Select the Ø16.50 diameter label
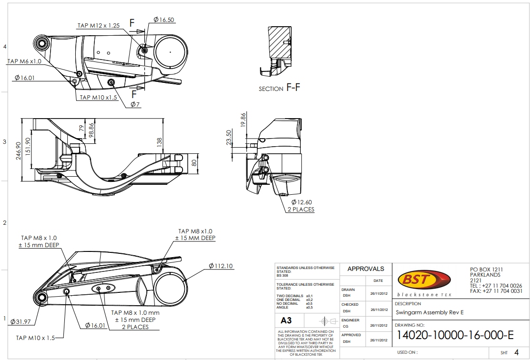(163, 20)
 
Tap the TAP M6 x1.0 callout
(24, 61)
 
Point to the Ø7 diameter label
(135, 104)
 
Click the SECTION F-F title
(279, 88)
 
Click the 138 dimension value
(160, 142)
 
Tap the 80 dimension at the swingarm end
(194, 162)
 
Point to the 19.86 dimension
(243, 120)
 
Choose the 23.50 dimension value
(229, 137)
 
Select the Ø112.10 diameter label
(221, 266)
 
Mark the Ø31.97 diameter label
(20, 321)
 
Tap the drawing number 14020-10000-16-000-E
(455, 335)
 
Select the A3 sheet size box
(286, 320)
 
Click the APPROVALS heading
(366, 269)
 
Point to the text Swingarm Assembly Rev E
(429, 312)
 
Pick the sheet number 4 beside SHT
(516, 352)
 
